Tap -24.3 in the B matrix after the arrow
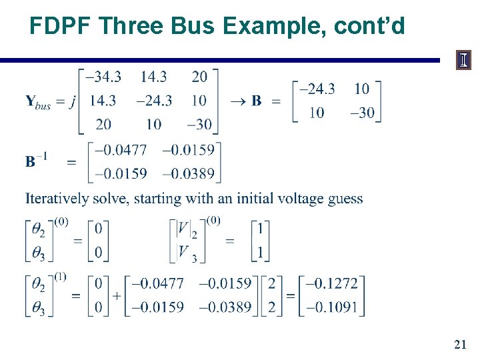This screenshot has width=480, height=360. pos(317,89)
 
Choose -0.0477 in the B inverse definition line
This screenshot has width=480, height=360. pos(121,149)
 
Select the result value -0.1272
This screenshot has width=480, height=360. pos(331,283)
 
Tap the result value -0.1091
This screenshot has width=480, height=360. pos(331,307)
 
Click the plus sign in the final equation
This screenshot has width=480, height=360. pos(117,295)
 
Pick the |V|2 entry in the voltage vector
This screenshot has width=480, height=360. pos(186,229)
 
